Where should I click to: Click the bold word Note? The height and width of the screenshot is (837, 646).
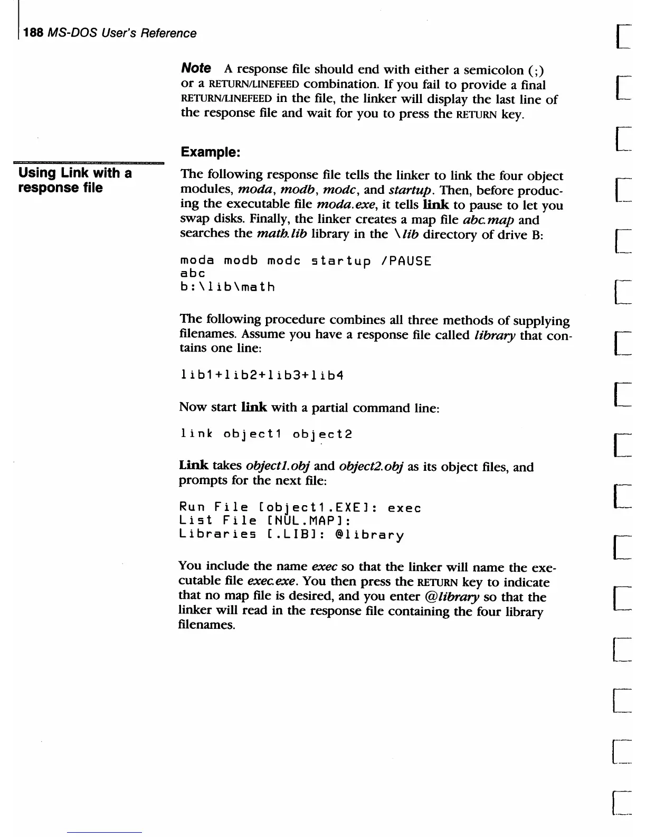coord(196,68)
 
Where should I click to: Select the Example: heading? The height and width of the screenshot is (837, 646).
coord(211,152)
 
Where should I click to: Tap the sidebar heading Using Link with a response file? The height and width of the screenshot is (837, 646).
coord(74,180)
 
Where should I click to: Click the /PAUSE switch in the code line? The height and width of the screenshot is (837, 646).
coord(405,261)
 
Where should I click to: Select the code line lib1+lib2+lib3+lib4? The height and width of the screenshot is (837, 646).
coord(262,376)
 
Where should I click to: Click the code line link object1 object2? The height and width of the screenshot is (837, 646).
coord(266,434)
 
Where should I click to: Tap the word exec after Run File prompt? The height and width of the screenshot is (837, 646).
coord(404,508)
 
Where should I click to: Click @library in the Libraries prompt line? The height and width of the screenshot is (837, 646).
coord(369,535)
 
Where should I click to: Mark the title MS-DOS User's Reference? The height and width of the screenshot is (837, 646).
coord(121,33)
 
